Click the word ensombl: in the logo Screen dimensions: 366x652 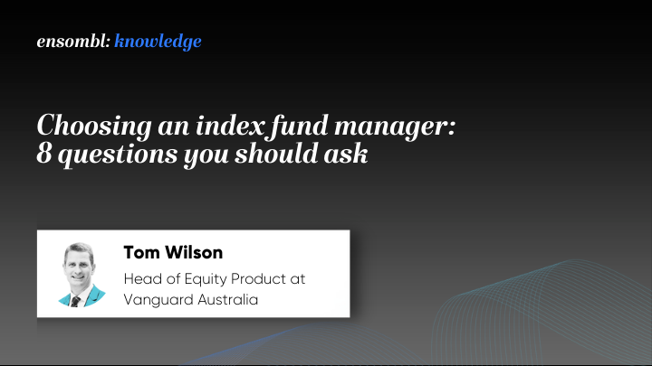click(73, 42)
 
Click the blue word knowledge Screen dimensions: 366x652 click(158, 42)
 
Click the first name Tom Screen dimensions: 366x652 click(140, 252)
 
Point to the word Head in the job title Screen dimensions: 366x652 click(140, 278)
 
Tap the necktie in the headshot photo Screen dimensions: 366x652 click(76, 298)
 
